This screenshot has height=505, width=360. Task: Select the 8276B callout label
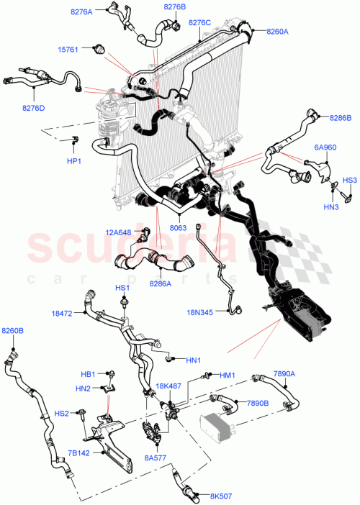pyautogui.click(x=174, y=6)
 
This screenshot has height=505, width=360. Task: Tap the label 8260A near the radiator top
pyautogui.click(x=277, y=32)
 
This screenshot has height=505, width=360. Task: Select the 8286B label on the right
pyautogui.click(x=341, y=117)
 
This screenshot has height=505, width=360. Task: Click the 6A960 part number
pyautogui.click(x=324, y=147)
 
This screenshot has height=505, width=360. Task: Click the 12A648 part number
pyautogui.click(x=119, y=232)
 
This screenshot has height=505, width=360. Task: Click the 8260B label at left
pyautogui.click(x=12, y=331)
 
